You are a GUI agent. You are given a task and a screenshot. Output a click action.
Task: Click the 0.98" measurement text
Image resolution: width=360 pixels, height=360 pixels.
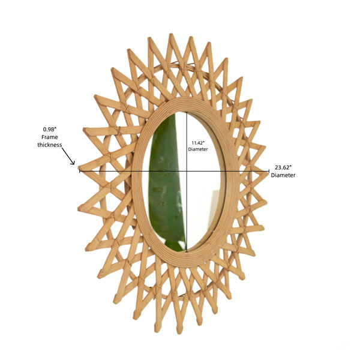point(50,130)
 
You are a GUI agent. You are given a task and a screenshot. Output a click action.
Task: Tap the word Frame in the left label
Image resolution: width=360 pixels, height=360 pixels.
point(50,137)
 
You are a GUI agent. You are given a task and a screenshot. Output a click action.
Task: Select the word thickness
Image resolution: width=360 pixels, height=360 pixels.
point(50,145)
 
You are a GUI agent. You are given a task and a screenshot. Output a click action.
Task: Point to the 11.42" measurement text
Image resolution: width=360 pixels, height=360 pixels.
point(198,143)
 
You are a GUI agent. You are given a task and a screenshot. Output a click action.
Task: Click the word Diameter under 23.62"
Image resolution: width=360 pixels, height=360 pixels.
point(283,175)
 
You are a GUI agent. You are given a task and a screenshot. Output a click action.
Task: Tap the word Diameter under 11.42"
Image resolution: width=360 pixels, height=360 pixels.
point(198,149)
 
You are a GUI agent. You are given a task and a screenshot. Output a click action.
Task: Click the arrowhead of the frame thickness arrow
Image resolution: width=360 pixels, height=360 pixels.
point(73,163)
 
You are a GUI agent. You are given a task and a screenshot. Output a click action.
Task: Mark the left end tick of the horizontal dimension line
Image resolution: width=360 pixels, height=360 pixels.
point(80,171)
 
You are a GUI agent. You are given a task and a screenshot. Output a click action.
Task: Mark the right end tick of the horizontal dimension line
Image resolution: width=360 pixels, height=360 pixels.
point(269,171)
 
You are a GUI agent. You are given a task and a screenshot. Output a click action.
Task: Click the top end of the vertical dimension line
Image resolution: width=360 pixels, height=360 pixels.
point(187,112)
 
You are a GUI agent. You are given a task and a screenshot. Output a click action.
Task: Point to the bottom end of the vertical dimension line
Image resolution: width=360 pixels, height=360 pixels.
point(187,251)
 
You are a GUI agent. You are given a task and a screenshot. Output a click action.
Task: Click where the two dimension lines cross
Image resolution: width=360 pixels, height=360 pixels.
point(187,171)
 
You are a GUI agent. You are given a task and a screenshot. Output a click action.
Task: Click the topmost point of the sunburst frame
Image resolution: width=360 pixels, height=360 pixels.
point(170,34)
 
